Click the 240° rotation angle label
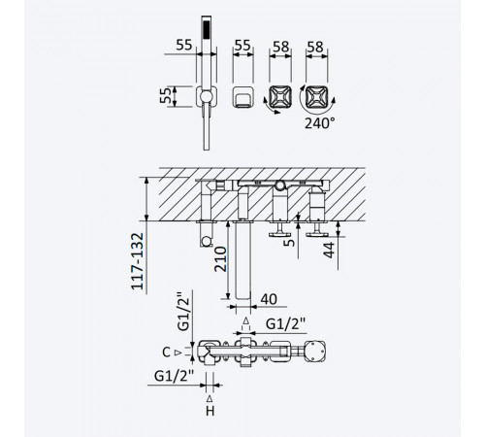click(x=319, y=123)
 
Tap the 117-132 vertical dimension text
click(x=137, y=261)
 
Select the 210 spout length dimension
click(x=220, y=259)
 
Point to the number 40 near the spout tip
click(x=269, y=299)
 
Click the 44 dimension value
click(x=329, y=250)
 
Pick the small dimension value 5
click(x=289, y=242)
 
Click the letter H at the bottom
click(x=210, y=411)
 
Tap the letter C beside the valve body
click(x=166, y=353)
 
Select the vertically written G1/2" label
click(x=183, y=311)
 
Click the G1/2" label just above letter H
click(x=174, y=376)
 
